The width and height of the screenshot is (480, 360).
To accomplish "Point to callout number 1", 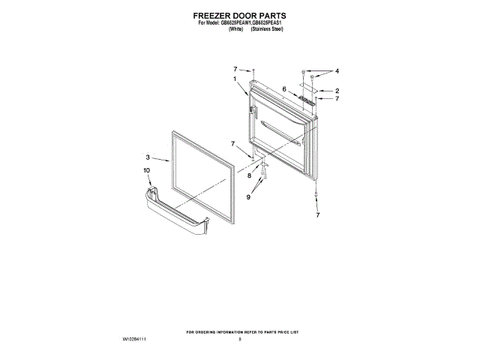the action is click(x=235, y=79).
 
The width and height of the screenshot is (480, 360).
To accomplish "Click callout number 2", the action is click(x=337, y=91).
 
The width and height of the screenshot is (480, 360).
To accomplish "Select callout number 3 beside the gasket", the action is click(x=148, y=157).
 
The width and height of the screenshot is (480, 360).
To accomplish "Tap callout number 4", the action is click(x=337, y=70).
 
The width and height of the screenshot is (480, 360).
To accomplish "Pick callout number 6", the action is click(x=285, y=88).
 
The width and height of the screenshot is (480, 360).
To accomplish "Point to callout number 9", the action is click(x=248, y=196).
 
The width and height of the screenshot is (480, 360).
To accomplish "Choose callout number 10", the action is click(x=147, y=171).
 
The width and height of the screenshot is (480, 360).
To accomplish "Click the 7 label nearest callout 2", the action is click(x=337, y=99).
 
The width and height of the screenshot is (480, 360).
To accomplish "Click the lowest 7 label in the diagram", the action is click(x=317, y=215).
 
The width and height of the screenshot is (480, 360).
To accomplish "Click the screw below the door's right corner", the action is click(x=317, y=196).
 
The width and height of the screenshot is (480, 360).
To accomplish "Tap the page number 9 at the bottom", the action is click(x=240, y=340).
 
